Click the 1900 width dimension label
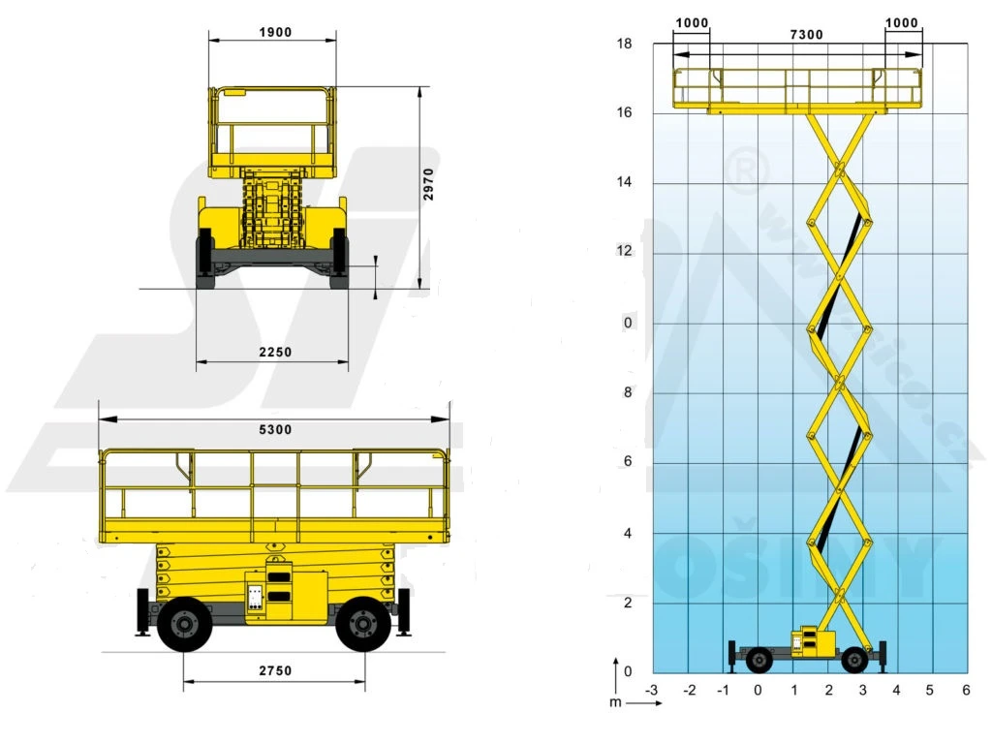click(274, 32)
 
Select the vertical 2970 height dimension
click(429, 184)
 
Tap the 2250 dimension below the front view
click(274, 353)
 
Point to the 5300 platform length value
click(274, 429)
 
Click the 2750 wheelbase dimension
click(274, 670)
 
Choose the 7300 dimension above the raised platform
click(806, 35)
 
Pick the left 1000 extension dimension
click(691, 23)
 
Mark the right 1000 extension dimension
click(903, 23)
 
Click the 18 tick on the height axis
click(625, 44)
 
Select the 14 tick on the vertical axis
click(625, 183)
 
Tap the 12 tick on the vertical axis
click(625, 252)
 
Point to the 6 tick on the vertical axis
click(628, 462)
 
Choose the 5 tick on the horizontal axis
click(930, 690)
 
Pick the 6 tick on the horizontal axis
click(966, 690)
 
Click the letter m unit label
click(615, 701)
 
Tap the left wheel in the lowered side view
click(183, 625)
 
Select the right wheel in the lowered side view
click(363, 625)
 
